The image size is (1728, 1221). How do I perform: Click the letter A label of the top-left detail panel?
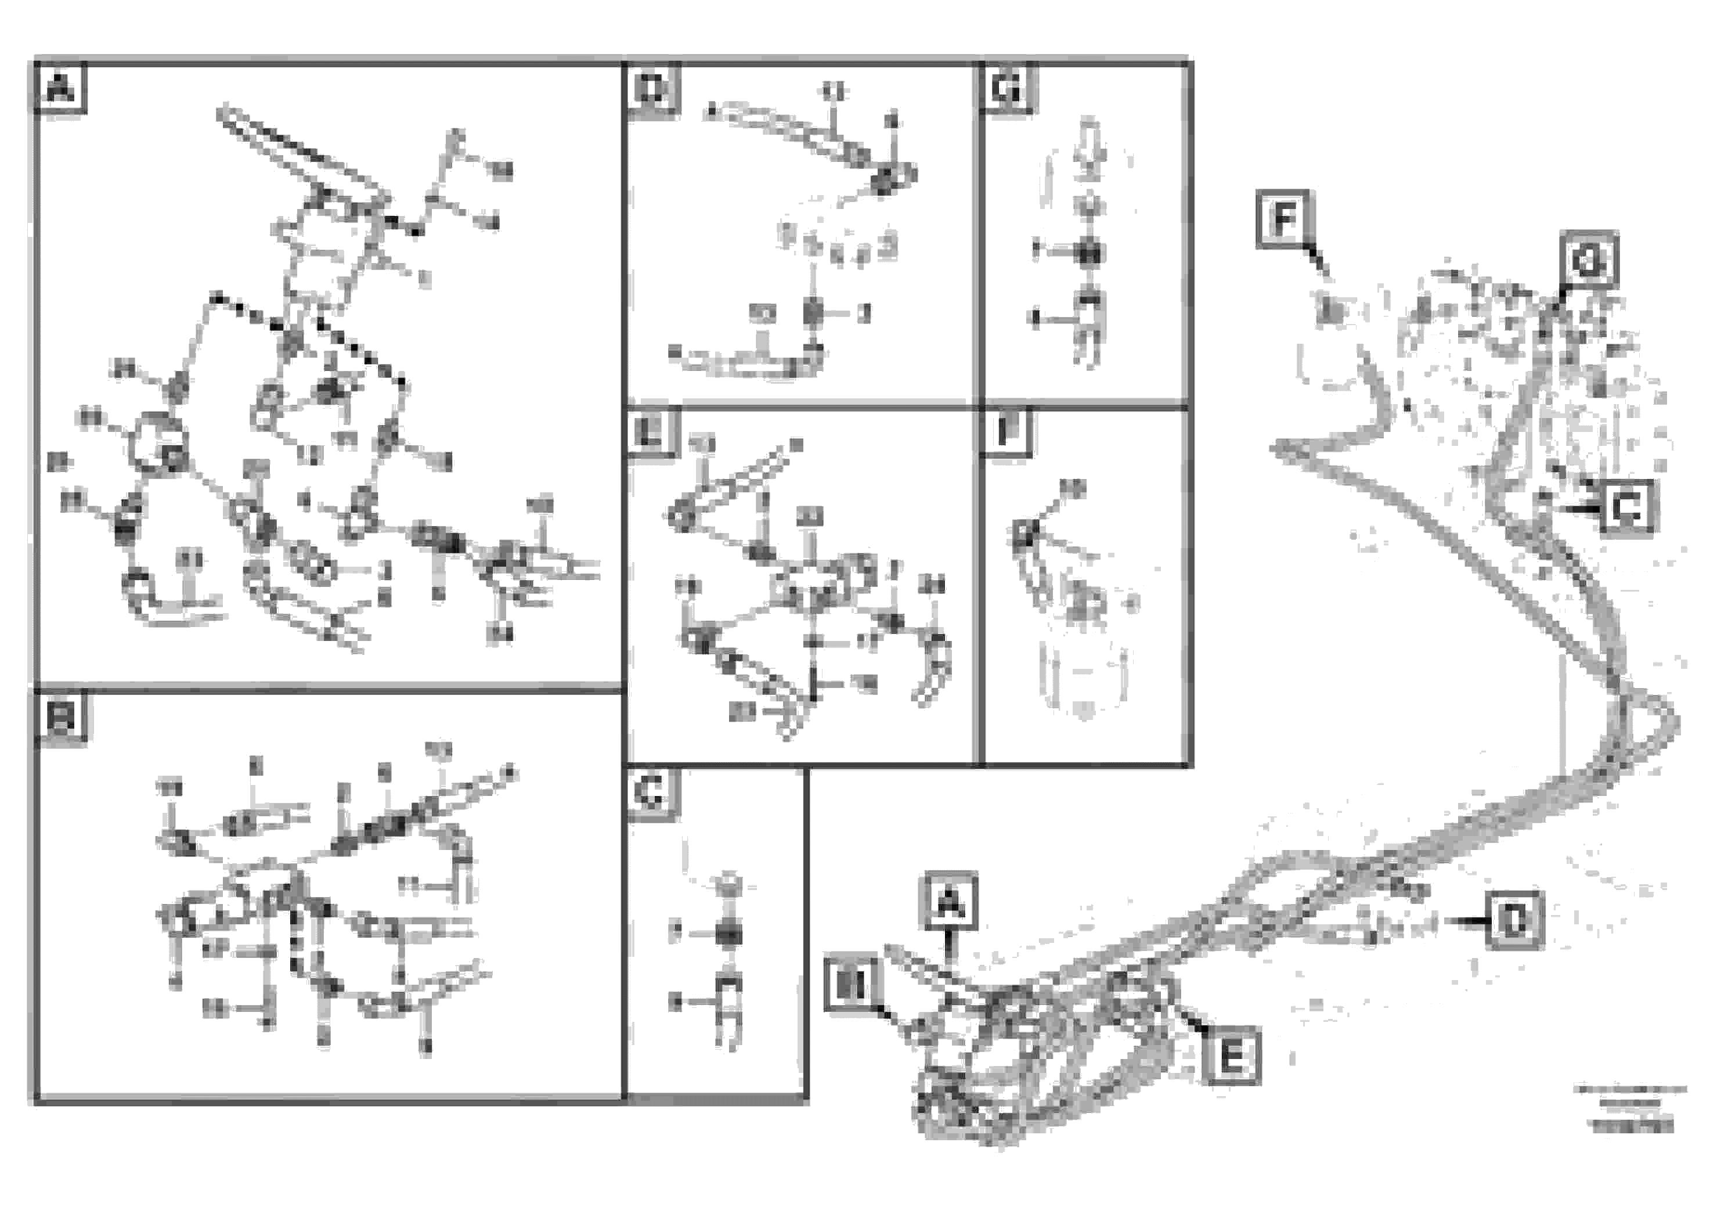60,89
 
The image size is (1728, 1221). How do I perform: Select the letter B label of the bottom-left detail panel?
60,718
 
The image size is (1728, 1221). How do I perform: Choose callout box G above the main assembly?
1589,259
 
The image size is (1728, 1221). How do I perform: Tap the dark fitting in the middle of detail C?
727,934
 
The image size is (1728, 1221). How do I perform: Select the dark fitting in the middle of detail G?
1087,252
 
